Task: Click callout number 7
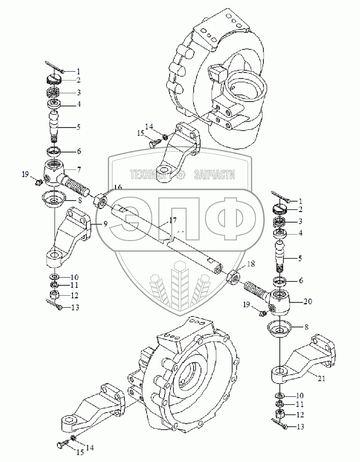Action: [79, 170]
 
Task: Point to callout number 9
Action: [105, 224]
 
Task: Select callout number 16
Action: [118, 187]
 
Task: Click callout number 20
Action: [308, 301]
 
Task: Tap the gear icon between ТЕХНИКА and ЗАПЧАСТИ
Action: [181, 175]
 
